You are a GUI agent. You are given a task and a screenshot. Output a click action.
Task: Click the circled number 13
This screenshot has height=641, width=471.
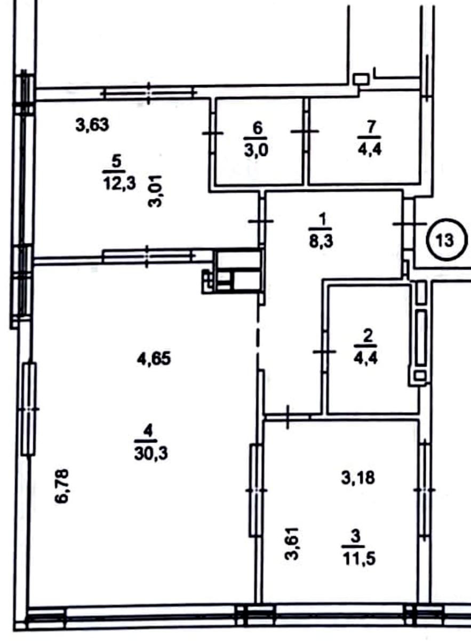tap(446, 240)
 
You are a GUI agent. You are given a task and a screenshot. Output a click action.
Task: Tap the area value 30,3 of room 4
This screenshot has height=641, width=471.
tap(151, 454)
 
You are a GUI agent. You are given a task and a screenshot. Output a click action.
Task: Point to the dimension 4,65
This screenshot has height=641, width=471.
tap(154, 358)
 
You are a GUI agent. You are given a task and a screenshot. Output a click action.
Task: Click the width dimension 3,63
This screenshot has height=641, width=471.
tap(92, 125)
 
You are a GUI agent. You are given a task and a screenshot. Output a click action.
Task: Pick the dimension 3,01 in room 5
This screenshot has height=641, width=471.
tap(156, 191)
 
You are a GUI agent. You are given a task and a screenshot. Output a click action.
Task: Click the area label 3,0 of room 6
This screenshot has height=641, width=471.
tap(257, 150)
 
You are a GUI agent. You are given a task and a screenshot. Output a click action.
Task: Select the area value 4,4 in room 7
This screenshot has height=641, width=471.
tap(370, 148)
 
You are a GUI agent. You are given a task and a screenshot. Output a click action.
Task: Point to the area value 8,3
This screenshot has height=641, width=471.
tap(321, 243)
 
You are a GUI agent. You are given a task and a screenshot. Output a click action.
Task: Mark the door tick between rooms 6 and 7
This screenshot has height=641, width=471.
tap(305, 131)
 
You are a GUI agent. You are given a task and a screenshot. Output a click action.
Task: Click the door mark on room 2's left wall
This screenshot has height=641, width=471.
tap(325, 351)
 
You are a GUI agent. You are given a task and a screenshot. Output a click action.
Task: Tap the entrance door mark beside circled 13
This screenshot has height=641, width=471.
tap(410, 224)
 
